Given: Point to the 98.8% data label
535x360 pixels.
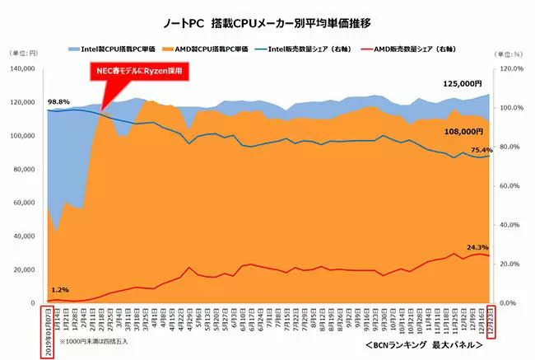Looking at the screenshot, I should tap(58, 101).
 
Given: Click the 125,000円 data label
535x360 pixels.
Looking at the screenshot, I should tap(462, 84).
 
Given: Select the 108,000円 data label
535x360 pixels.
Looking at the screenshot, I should tap(462, 131).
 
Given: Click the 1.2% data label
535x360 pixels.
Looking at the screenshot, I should tap(59, 290).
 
